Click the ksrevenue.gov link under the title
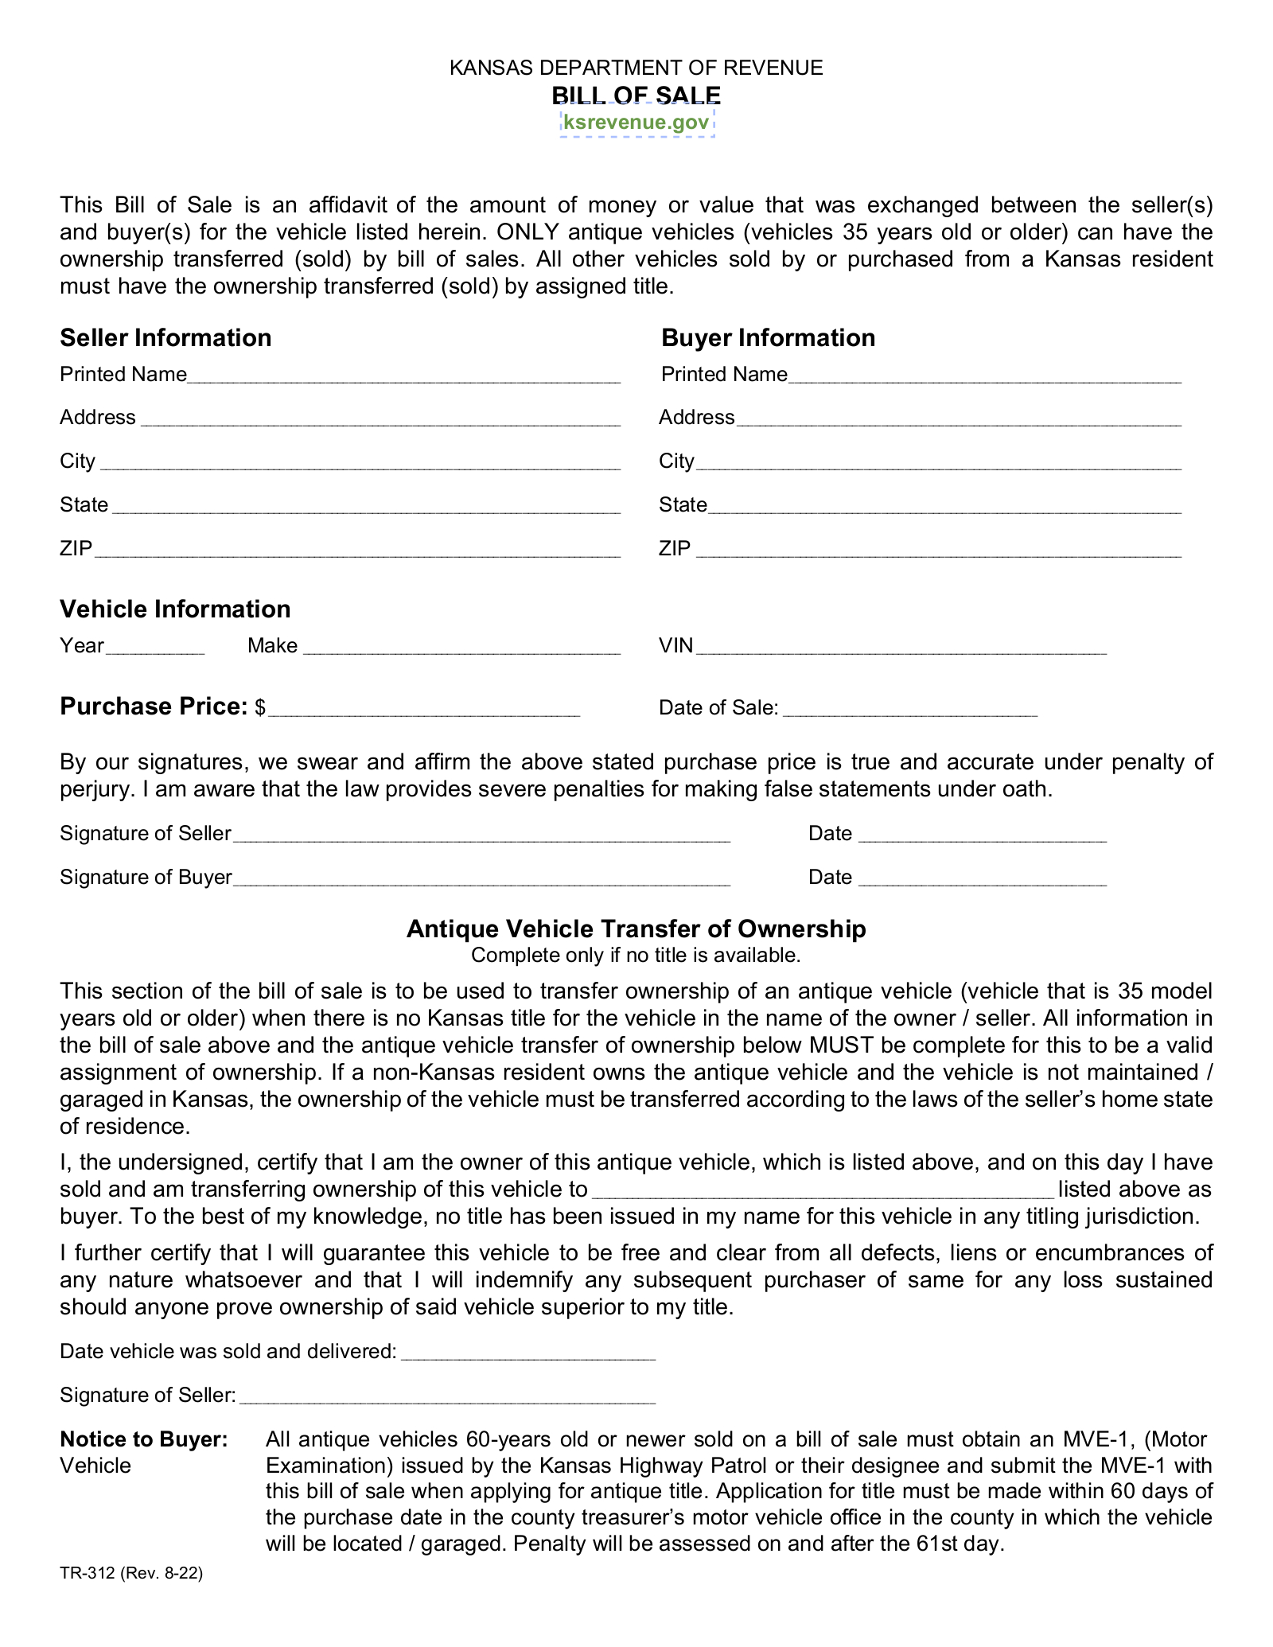click(x=636, y=122)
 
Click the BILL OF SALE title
click(x=636, y=95)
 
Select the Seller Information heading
click(x=165, y=338)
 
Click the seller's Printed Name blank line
click(x=403, y=376)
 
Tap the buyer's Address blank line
click(x=959, y=419)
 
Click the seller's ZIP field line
click(x=357, y=550)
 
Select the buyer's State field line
click(x=944, y=507)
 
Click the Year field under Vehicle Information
click(x=155, y=647)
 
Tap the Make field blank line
click(x=461, y=647)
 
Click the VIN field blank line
click(x=901, y=647)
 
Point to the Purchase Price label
click(x=154, y=707)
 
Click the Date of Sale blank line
click(x=910, y=710)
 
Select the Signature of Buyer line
click(x=482, y=879)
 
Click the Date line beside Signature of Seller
click(x=983, y=835)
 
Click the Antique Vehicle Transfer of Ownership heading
click(x=636, y=929)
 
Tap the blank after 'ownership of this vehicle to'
click(x=824, y=1191)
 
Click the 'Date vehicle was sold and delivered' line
click(x=528, y=1353)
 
